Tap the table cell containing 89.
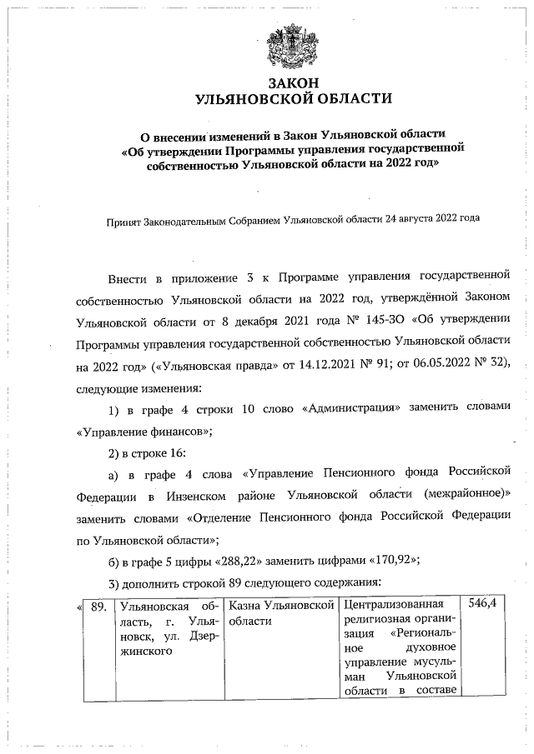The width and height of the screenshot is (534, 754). [x=98, y=606]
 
